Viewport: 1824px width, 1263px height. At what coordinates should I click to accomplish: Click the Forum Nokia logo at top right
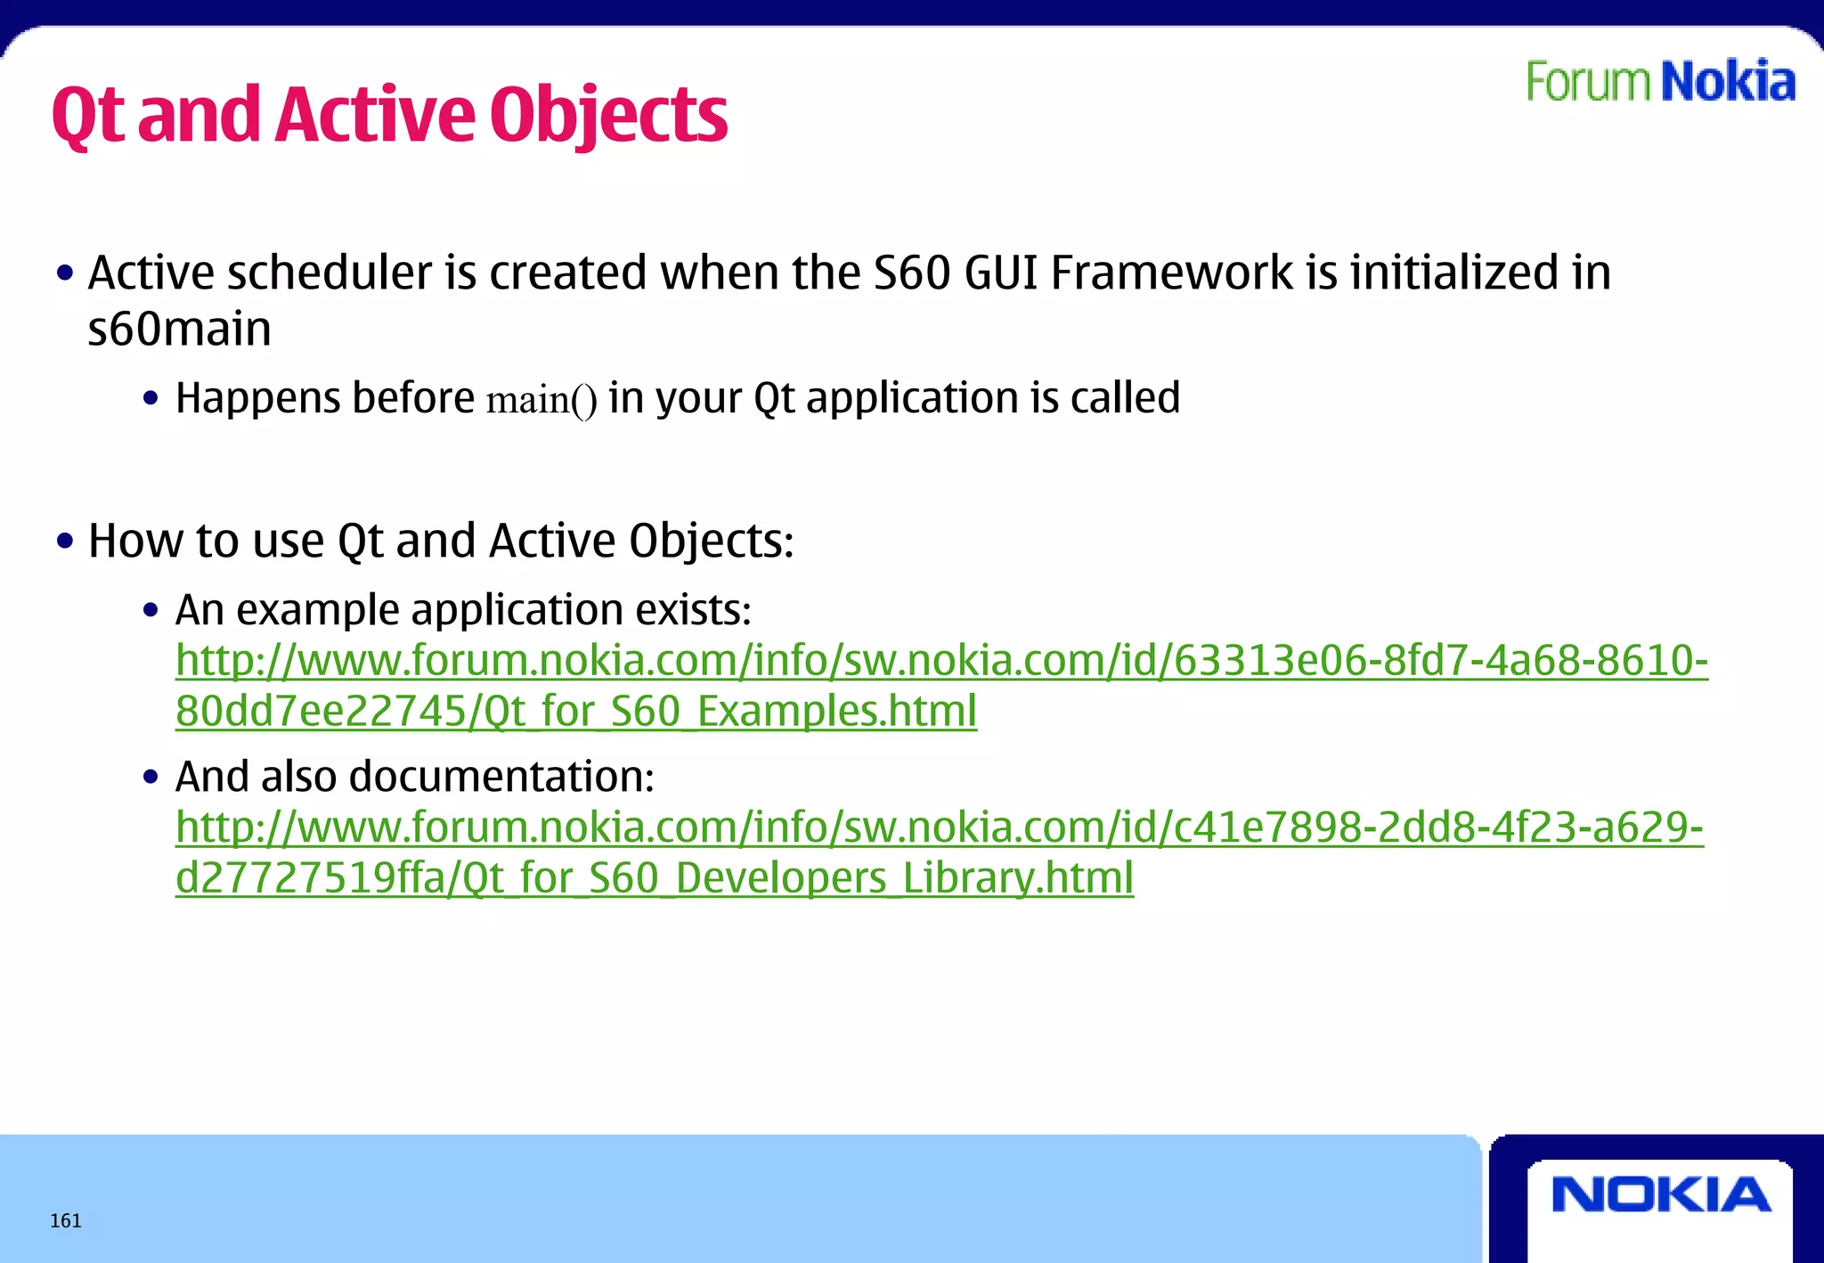(x=1660, y=82)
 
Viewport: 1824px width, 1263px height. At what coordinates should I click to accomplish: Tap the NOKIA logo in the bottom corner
(x=1661, y=1194)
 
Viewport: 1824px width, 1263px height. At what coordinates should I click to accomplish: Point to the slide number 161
(x=66, y=1220)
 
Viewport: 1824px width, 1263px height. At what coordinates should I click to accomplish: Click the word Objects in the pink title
(x=608, y=116)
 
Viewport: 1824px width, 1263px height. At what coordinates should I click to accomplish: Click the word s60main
(x=179, y=329)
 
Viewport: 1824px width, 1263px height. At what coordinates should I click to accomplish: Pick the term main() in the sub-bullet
(x=541, y=400)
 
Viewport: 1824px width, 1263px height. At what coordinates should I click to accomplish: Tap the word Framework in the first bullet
(x=1172, y=273)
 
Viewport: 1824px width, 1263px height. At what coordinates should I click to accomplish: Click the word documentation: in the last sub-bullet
(x=502, y=776)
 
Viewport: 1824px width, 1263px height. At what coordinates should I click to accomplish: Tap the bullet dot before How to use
(x=64, y=541)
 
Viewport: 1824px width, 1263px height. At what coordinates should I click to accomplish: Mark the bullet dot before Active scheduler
(x=64, y=273)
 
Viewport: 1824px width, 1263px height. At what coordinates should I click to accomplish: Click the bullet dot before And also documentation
(x=151, y=777)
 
